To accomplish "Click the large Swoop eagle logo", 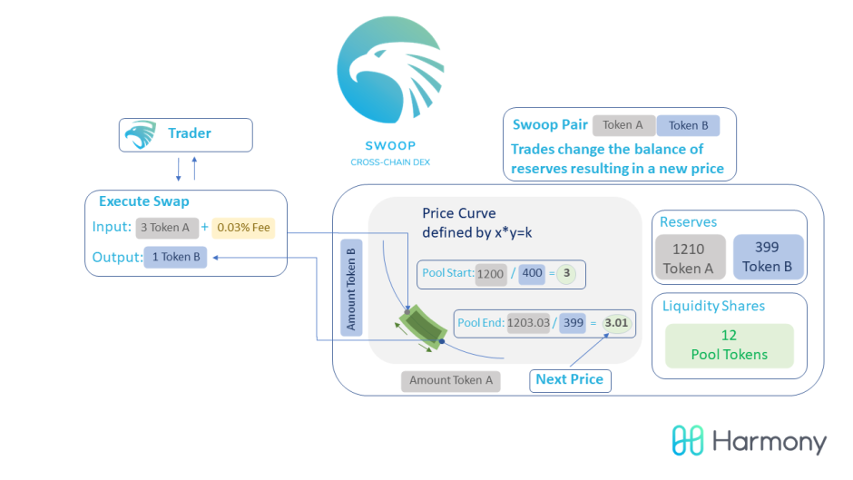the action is point(390,70).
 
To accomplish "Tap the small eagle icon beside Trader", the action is point(141,134).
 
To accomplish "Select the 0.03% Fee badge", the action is point(243,228).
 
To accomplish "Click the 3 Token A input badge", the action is point(166,228).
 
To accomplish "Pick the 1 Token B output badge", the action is point(175,257).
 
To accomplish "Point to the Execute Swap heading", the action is point(144,201).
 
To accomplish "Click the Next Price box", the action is point(570,380).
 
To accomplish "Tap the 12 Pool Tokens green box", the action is point(730,346).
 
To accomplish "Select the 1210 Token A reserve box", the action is point(691,258).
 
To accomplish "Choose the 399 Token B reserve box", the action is point(768,257).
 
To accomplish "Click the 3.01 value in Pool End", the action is point(616,323).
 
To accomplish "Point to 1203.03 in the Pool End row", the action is point(528,323).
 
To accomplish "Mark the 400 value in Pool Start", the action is point(532,273).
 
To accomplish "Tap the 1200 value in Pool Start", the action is point(491,274).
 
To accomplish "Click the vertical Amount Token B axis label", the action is point(351,288).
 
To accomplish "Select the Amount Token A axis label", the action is point(451,380).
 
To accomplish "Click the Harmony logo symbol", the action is point(688,440).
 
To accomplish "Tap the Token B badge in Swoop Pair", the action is point(688,126).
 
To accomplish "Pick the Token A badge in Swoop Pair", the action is point(623,126).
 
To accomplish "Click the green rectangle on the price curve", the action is point(423,327).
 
